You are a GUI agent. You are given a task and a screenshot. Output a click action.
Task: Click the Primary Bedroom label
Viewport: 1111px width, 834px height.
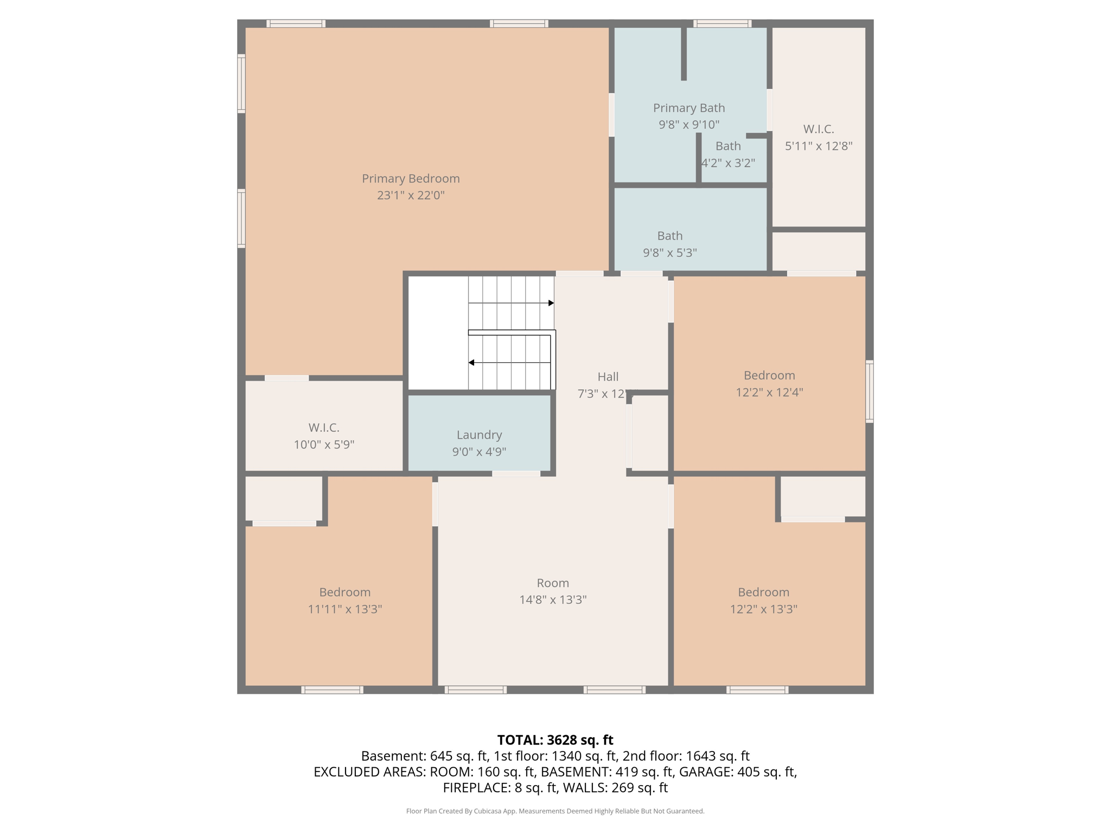411,179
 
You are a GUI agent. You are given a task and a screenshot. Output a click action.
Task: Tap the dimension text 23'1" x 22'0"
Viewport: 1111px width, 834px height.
411,195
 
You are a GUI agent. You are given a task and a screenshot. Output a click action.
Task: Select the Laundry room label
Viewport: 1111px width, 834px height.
479,435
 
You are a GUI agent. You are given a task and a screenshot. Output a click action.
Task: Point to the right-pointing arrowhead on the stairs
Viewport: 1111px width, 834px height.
551,303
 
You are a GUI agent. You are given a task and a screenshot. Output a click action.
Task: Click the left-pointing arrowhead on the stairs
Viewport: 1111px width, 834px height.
471,362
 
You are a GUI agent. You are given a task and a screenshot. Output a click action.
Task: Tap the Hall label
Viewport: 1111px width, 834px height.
608,377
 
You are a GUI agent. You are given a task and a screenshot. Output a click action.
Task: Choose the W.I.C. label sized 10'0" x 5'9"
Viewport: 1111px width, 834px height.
324,428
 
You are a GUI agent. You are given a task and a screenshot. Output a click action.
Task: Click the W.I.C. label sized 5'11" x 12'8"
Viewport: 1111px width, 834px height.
818,129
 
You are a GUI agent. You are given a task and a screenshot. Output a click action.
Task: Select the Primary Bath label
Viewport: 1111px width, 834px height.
688,108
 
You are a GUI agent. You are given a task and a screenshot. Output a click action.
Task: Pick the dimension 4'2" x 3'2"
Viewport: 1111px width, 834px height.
727,163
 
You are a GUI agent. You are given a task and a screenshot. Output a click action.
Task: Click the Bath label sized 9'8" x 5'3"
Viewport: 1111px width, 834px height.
669,236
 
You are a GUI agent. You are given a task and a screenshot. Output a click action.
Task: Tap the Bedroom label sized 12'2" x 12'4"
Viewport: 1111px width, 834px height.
769,376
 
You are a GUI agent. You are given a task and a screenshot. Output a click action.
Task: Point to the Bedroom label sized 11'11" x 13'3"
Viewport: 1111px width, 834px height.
344,592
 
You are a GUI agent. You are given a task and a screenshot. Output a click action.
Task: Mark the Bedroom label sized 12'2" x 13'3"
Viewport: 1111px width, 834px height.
763,592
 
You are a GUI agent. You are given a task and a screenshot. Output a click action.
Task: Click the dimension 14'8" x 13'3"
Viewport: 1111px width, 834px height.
553,600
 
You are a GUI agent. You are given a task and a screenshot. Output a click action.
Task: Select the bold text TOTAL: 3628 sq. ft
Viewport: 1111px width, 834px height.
555,740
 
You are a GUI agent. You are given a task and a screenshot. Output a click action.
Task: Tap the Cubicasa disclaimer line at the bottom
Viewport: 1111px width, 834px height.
555,811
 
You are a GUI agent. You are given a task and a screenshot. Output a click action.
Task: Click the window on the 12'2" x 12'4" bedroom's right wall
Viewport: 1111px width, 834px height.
869,391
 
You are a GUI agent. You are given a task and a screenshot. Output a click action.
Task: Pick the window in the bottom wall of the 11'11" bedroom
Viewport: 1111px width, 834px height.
332,690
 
